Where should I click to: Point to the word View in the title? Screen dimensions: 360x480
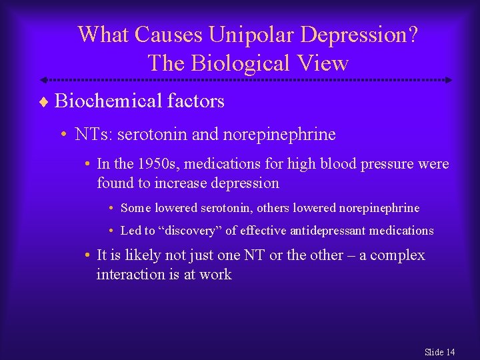pyautogui.click(x=325, y=63)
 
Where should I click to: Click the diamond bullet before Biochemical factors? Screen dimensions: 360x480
pyautogui.click(x=45, y=102)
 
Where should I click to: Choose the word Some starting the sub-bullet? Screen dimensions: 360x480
pyautogui.click(x=136, y=208)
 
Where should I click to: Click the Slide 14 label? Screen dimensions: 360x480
pyautogui.click(x=439, y=352)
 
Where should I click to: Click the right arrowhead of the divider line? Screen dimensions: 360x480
pyautogui.click(x=449, y=80)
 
